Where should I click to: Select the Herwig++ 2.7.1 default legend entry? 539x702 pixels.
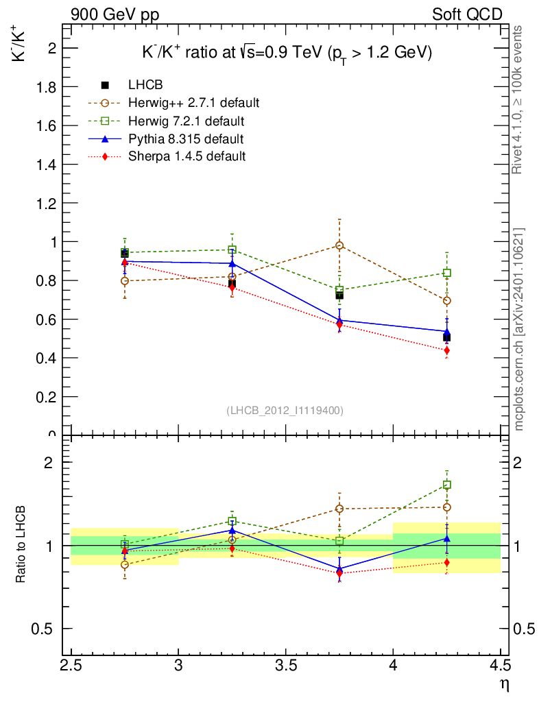click(x=193, y=103)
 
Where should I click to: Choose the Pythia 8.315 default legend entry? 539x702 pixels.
click(x=185, y=138)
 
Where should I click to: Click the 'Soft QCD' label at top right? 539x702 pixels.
click(x=467, y=14)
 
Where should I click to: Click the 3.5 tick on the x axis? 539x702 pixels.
click(x=286, y=666)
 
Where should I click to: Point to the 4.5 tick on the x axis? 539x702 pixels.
click(x=501, y=666)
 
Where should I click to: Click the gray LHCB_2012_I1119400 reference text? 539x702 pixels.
click(x=285, y=411)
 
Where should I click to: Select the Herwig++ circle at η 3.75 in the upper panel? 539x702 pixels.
click(x=339, y=245)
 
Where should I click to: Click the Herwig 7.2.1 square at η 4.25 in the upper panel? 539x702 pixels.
click(x=447, y=273)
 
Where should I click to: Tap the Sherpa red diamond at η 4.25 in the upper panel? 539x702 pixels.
click(x=447, y=350)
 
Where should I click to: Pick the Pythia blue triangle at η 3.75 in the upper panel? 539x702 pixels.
click(x=339, y=319)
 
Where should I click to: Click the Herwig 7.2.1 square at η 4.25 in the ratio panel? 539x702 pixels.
click(x=447, y=485)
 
